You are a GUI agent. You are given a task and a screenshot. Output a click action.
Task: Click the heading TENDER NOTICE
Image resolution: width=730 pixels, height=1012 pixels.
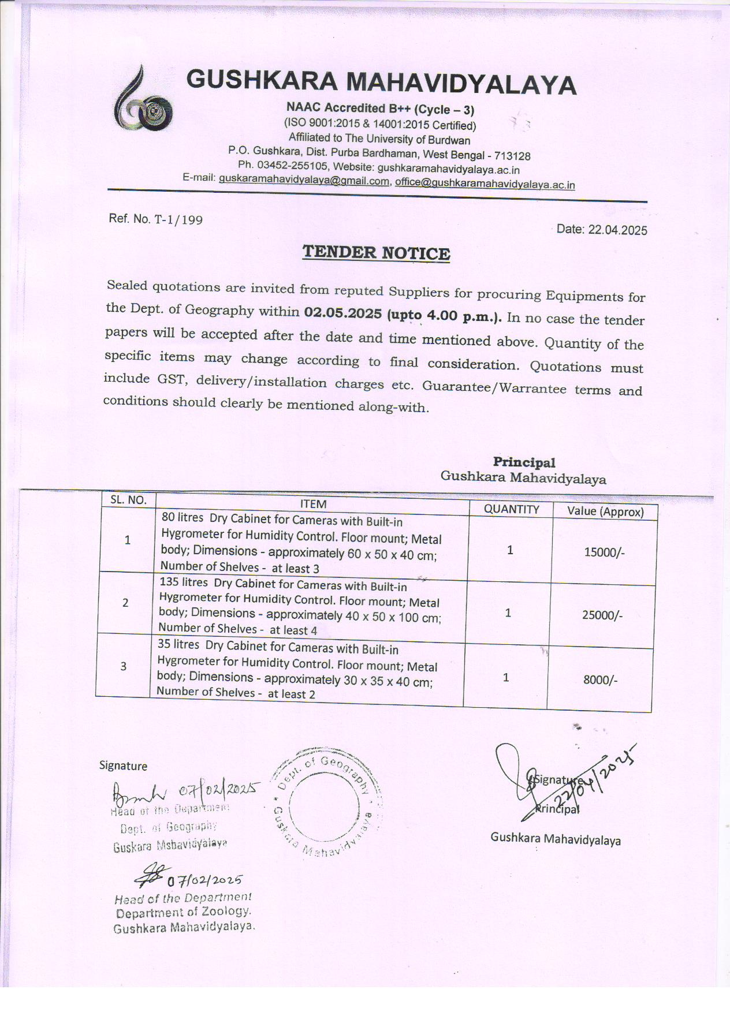pos(377,253)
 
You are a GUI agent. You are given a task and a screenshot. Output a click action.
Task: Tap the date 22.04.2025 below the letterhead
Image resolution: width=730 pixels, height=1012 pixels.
pos(617,230)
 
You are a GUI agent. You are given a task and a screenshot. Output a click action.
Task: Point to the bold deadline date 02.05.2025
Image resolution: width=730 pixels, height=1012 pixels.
pos(343,313)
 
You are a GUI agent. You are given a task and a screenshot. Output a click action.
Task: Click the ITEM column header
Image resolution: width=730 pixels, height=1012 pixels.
pos(313,503)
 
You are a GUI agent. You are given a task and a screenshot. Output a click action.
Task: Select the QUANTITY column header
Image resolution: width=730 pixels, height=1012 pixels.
pos(511,509)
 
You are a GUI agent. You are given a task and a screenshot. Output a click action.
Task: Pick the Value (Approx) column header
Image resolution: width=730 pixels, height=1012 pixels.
pos(605,511)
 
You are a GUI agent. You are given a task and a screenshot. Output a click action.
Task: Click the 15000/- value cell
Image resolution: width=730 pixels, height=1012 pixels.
pos(604,552)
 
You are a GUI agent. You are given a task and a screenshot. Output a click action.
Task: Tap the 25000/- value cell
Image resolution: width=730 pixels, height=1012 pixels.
pos(602,615)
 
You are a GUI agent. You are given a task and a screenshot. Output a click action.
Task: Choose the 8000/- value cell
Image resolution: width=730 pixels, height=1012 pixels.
pos(600,679)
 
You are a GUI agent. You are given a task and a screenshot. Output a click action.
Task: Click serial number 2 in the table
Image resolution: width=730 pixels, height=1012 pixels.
pos(125,603)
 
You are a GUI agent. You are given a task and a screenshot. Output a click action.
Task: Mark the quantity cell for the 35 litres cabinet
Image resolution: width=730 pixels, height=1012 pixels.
pos(506,677)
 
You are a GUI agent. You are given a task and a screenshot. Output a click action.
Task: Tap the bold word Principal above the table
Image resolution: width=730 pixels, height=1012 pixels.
pos(524,462)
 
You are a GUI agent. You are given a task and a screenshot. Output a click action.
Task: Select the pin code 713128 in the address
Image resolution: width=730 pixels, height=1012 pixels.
pos(513,156)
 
